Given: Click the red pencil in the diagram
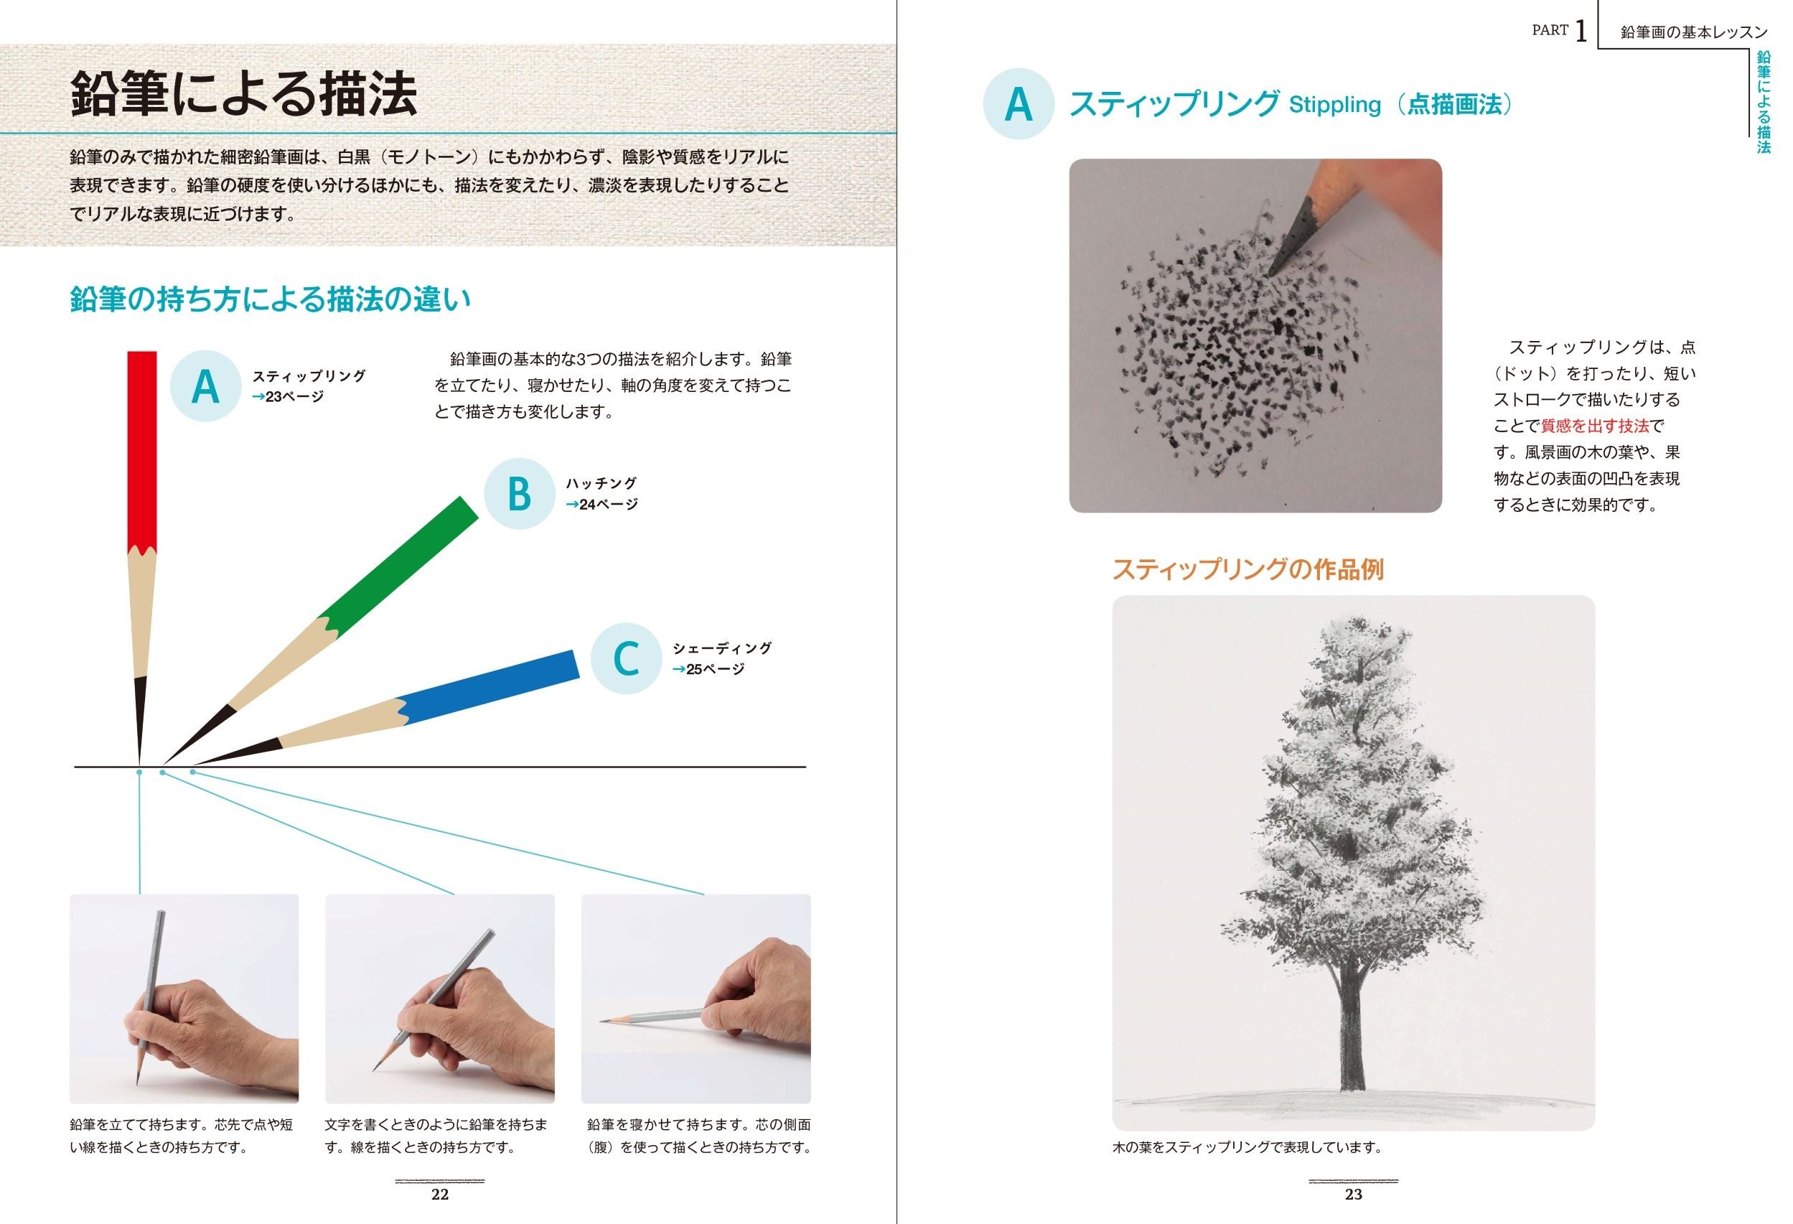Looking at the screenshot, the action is click(x=141, y=556).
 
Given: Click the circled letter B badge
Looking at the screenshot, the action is click(x=519, y=494).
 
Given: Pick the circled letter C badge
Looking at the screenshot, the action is click(x=627, y=658).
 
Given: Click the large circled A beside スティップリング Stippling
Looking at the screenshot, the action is click(x=1019, y=104).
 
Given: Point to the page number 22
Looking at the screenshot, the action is click(x=440, y=1194).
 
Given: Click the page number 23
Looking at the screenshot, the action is click(x=1354, y=1194).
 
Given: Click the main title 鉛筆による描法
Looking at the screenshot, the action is click(x=244, y=94).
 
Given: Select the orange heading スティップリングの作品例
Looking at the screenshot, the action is click(x=1247, y=569).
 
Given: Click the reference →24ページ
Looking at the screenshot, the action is click(x=601, y=504).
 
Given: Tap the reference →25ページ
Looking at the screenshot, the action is click(x=708, y=669).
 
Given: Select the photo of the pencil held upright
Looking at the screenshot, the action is click(x=184, y=999).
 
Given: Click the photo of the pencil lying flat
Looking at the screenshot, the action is click(x=696, y=999).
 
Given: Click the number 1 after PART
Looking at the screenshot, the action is click(x=1581, y=32).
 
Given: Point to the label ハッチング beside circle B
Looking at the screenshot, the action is click(x=601, y=483).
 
